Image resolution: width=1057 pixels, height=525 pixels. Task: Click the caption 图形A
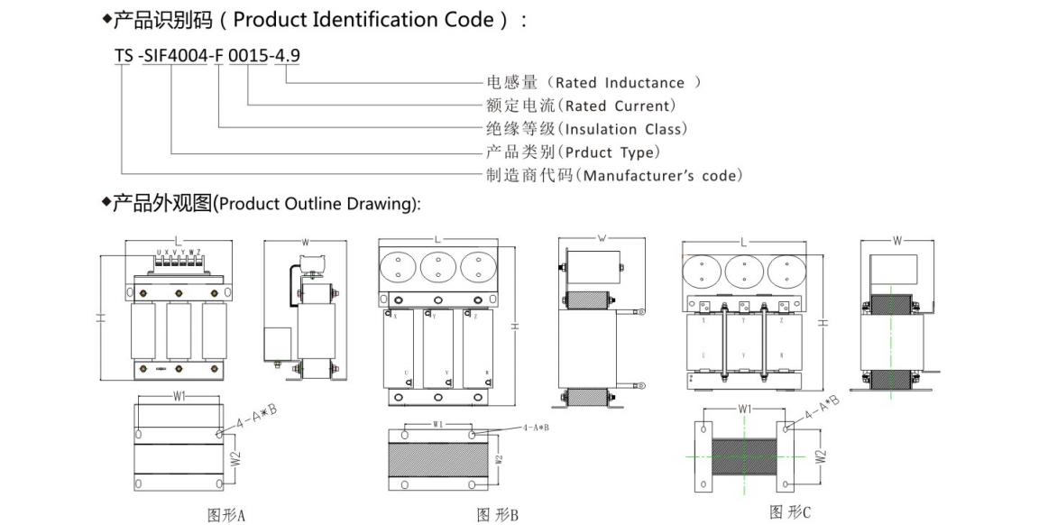tap(226, 515)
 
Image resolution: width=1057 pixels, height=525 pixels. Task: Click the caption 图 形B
tap(497, 515)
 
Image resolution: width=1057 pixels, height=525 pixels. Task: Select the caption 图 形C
tap(790, 512)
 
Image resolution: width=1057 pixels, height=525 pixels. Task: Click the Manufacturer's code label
tap(662, 175)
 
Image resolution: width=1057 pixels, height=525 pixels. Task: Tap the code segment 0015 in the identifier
tap(245, 56)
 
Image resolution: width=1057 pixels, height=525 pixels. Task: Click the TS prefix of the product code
tap(123, 56)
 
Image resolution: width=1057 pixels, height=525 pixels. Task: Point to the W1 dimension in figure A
tap(178, 397)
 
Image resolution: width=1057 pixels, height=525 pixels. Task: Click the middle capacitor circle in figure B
tap(437, 267)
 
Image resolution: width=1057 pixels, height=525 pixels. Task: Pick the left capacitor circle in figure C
tap(703, 271)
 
